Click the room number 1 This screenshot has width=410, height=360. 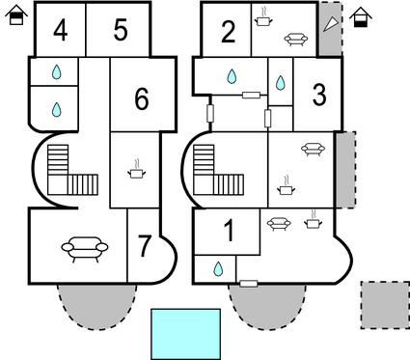click(x=230, y=231)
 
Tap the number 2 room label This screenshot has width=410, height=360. click(x=229, y=32)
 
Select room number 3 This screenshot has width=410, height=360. click(x=319, y=95)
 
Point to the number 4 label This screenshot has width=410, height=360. click(x=61, y=30)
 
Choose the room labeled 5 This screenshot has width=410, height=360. click(x=121, y=30)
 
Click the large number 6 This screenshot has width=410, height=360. click(x=142, y=98)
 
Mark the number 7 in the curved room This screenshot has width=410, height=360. click(x=144, y=246)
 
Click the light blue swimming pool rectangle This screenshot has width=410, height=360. click(x=186, y=334)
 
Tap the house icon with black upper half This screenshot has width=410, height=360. click(x=16, y=15)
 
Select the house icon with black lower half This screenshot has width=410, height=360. click(x=361, y=17)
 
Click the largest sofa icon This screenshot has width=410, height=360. click(x=85, y=249)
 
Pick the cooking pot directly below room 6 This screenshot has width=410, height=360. click(x=137, y=169)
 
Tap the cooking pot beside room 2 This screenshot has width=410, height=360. click(x=263, y=17)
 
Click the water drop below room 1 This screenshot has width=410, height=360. click(x=218, y=269)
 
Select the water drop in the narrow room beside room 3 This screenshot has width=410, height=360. click(x=281, y=83)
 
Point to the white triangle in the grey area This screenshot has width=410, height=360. click(x=331, y=24)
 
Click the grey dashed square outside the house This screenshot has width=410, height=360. click(x=385, y=305)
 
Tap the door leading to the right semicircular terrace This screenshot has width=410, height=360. click(x=249, y=284)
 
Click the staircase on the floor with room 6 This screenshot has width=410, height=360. click(x=72, y=170)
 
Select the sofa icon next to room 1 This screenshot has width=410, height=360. click(x=279, y=224)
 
